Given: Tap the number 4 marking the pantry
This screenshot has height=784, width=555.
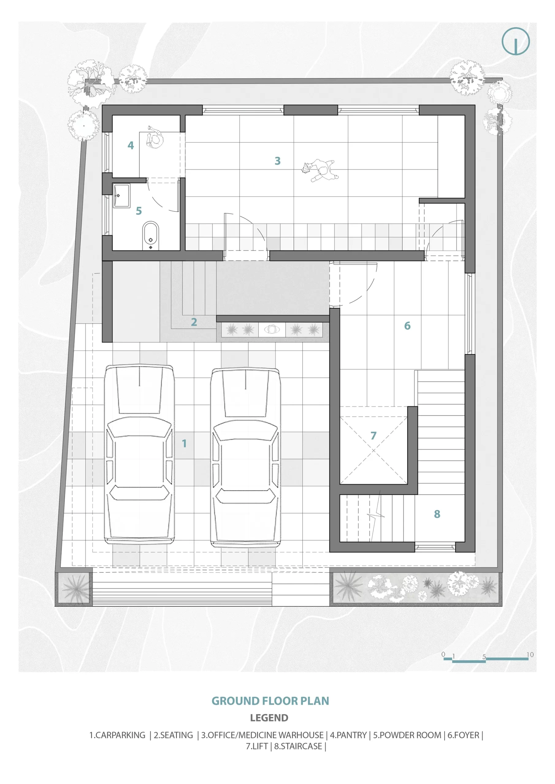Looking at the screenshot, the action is [x=131, y=145].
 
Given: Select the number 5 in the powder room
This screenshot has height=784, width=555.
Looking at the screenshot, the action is [x=139, y=211].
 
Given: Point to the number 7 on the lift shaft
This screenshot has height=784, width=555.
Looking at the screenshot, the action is [x=373, y=435].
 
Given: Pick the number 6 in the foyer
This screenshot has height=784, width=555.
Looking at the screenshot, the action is [x=407, y=326].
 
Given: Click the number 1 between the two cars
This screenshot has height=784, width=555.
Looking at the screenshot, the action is [x=184, y=443].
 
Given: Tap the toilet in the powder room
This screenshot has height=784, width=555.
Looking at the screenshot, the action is [x=151, y=236].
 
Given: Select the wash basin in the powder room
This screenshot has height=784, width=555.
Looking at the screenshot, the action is [x=121, y=196].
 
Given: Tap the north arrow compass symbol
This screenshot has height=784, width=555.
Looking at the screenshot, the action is [x=516, y=41].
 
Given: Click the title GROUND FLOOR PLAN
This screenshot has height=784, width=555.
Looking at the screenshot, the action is [x=270, y=701].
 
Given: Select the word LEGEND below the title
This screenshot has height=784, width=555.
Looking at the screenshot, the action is [x=269, y=718].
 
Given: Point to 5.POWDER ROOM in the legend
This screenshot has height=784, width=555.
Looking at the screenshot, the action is [x=407, y=735].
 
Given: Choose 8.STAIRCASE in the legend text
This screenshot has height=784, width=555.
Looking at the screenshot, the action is [x=298, y=746].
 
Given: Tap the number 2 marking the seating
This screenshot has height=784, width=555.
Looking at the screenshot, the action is [x=194, y=322].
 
